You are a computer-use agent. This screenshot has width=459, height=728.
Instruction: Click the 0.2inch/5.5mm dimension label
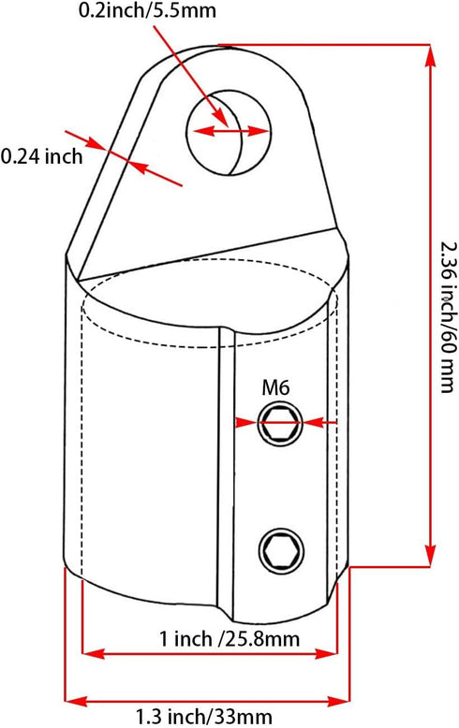pyautogui.click(x=147, y=10)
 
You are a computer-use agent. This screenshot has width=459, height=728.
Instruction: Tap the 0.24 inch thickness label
pyautogui.click(x=42, y=156)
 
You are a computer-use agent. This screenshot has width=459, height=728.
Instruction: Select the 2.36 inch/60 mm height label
pyautogui.click(x=447, y=316)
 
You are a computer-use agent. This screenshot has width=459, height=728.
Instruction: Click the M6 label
pyautogui.click(x=276, y=387)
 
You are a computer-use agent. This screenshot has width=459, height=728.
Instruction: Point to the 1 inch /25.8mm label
pyautogui.click(x=229, y=639)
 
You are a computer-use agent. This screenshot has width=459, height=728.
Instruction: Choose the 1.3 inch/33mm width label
pyautogui.click(x=203, y=717)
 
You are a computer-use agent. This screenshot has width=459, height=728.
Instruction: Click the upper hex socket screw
pyautogui.click(x=280, y=423)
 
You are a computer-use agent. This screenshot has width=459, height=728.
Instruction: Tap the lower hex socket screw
pyautogui.click(x=282, y=551)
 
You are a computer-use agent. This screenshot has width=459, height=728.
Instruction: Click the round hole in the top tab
pyautogui.click(x=228, y=133)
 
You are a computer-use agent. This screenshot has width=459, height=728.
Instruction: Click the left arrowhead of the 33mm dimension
pyautogui.click(x=74, y=701)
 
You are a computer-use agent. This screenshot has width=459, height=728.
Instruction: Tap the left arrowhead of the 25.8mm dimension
pyautogui.click(x=92, y=654)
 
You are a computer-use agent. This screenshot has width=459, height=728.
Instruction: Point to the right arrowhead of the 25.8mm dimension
pyautogui.click(x=326, y=654)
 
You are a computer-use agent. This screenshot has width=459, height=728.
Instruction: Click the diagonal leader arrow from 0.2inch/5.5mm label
pyautogui.click(x=191, y=76)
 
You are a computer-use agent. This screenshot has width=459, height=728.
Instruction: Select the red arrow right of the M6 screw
pyautogui.click(x=319, y=423)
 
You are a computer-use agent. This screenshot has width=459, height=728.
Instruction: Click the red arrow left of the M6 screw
pyautogui.click(x=246, y=423)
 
